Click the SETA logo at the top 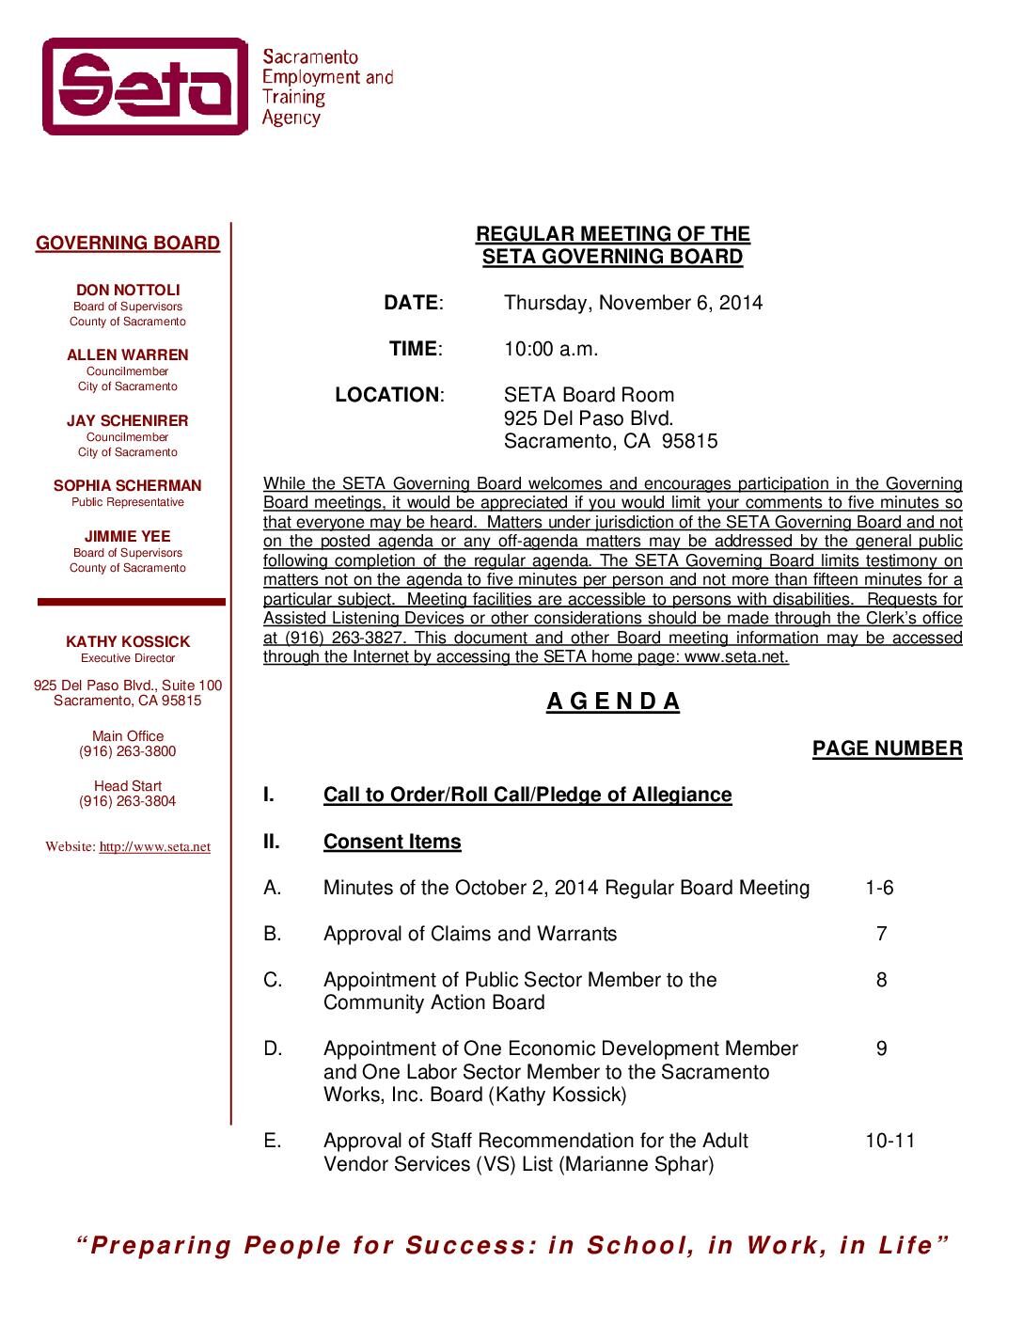pyautogui.click(x=145, y=87)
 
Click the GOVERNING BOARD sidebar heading pyautogui.click(x=128, y=244)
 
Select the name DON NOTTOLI pyautogui.click(x=128, y=291)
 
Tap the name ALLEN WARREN pyautogui.click(x=128, y=355)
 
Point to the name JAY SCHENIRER pyautogui.click(x=128, y=421)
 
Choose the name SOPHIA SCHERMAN pyautogui.click(x=128, y=486)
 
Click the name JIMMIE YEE pyautogui.click(x=128, y=537)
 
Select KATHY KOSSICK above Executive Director pyautogui.click(x=128, y=642)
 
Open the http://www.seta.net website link pyautogui.click(x=155, y=847)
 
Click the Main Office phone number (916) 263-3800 pyautogui.click(x=128, y=751)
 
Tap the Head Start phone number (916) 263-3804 pyautogui.click(x=128, y=801)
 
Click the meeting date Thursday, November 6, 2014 pyautogui.click(x=633, y=303)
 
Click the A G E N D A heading pyautogui.click(x=613, y=701)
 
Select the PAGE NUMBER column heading pyautogui.click(x=887, y=749)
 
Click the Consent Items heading pyautogui.click(x=392, y=842)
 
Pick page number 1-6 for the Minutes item pyautogui.click(x=879, y=888)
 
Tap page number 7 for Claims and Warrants pyautogui.click(x=881, y=934)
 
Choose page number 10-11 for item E pyautogui.click(x=889, y=1141)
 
